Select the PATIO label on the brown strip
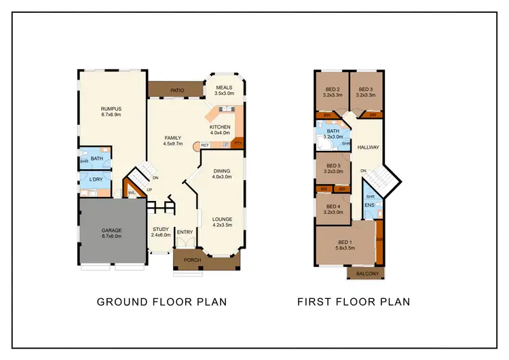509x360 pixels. [178, 89]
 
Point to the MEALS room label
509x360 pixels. [225, 88]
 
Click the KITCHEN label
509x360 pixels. [220, 127]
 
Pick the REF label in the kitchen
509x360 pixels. [205, 145]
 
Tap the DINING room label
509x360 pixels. [222, 170]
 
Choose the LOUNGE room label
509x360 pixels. [222, 218]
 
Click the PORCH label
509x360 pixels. [187, 259]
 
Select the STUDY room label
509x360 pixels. [160, 230]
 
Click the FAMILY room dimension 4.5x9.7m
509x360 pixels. [174, 143]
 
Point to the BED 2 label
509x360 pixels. [332, 89]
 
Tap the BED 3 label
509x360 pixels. [366, 89]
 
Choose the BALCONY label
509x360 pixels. [366, 273]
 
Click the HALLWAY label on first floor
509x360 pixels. [369, 147]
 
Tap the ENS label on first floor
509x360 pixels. [369, 204]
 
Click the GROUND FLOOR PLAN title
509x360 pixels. [162, 302]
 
